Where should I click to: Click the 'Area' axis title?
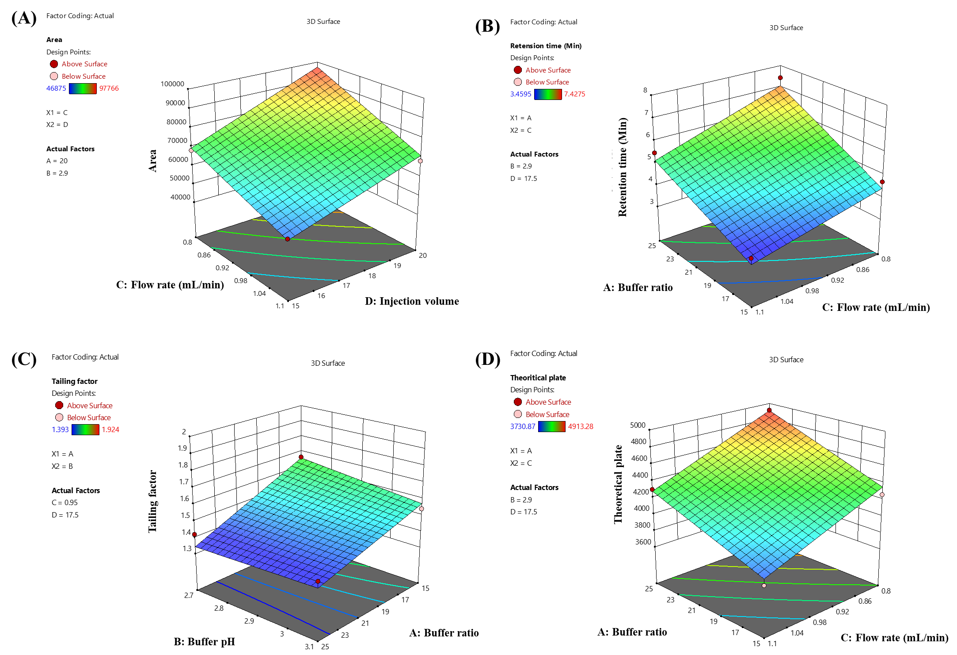152,161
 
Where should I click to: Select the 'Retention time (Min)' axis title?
622,167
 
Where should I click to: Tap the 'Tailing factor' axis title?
152,501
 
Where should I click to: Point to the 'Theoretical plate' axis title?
618,484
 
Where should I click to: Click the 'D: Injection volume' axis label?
412,301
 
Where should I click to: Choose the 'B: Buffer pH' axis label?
204,641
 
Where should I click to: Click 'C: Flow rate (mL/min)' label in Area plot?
170,285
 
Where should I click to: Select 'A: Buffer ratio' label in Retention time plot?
638,287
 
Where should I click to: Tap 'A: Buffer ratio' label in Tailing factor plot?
444,632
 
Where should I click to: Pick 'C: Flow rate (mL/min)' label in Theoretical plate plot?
894,637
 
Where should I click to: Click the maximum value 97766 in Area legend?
109,88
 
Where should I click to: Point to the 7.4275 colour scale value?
575,94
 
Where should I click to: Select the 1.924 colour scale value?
110,429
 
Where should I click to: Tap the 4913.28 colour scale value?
581,426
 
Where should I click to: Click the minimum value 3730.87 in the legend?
522,426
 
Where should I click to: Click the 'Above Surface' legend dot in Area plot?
54,64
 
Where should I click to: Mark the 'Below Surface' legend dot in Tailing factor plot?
59,417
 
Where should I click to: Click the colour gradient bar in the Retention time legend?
548,94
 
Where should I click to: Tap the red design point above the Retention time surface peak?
780,78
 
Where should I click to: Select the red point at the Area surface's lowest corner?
288,239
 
